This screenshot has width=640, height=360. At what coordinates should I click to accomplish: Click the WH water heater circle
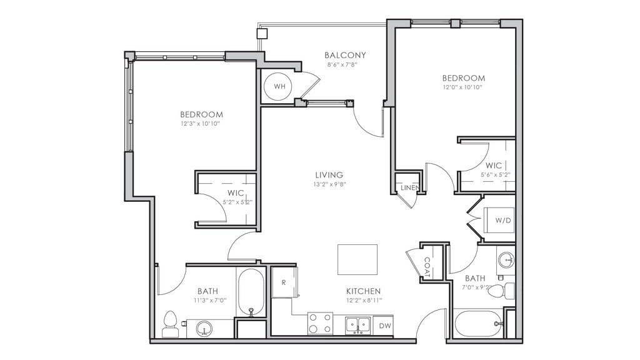point(279,86)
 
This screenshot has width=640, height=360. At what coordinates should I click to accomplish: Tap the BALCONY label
point(345,55)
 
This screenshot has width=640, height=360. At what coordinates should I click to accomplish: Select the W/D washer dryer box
point(499,220)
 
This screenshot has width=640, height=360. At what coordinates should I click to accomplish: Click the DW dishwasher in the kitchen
point(383,326)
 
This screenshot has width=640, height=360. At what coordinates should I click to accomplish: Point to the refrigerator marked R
point(284,282)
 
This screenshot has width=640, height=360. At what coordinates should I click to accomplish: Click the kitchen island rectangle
point(357,259)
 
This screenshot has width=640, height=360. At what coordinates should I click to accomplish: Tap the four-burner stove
point(320,323)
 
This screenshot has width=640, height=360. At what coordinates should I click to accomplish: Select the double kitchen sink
point(358,325)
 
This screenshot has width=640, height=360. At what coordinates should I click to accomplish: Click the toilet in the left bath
point(170,324)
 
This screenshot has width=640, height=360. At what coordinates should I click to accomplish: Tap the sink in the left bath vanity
point(204,328)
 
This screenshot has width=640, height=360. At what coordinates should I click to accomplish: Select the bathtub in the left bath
point(251,292)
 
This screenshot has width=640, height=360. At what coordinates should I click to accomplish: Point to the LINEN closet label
point(409,187)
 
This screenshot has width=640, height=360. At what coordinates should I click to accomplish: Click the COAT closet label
point(427,267)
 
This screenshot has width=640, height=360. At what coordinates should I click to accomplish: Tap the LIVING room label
point(329,175)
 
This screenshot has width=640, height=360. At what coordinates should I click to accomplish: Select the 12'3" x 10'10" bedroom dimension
point(201,123)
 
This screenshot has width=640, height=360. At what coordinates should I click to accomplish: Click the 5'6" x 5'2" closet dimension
point(495,174)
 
